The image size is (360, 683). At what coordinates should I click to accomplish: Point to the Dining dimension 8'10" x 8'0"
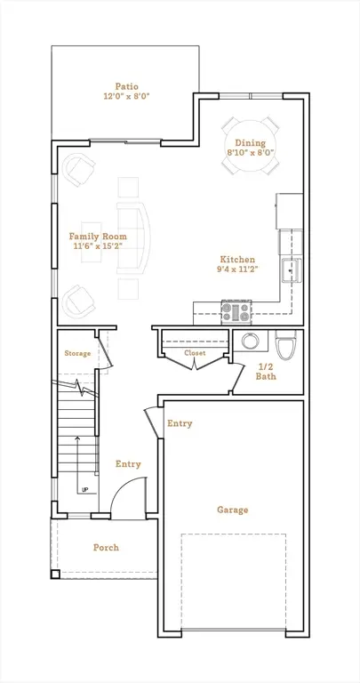tap(250, 153)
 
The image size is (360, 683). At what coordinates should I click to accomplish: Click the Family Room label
tap(98, 237)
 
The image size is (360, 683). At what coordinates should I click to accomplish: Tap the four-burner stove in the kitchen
tap(236, 312)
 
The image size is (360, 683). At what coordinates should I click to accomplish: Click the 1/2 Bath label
tap(266, 371)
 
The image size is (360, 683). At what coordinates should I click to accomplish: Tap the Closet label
tap(195, 353)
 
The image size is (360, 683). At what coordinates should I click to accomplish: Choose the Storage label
tap(77, 354)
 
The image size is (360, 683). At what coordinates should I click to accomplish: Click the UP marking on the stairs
tap(84, 490)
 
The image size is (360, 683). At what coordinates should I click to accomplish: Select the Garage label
tap(232, 510)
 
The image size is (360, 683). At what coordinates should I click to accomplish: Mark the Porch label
tap(106, 547)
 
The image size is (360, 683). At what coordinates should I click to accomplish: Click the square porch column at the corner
tap(56, 574)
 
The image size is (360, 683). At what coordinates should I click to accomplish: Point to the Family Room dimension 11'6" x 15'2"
tap(98, 247)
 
